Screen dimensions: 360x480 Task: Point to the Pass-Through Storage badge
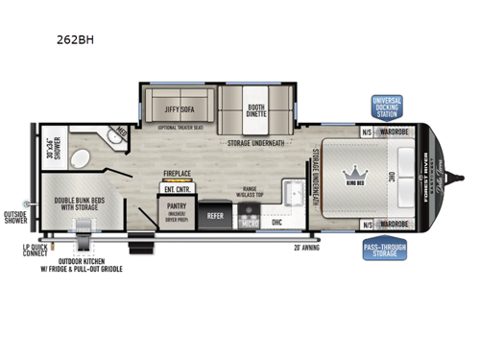coord(385,252)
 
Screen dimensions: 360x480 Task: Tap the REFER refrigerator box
coord(216,216)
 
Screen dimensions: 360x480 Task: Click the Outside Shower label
coord(16,217)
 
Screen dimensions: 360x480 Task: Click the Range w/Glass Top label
coord(252,191)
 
